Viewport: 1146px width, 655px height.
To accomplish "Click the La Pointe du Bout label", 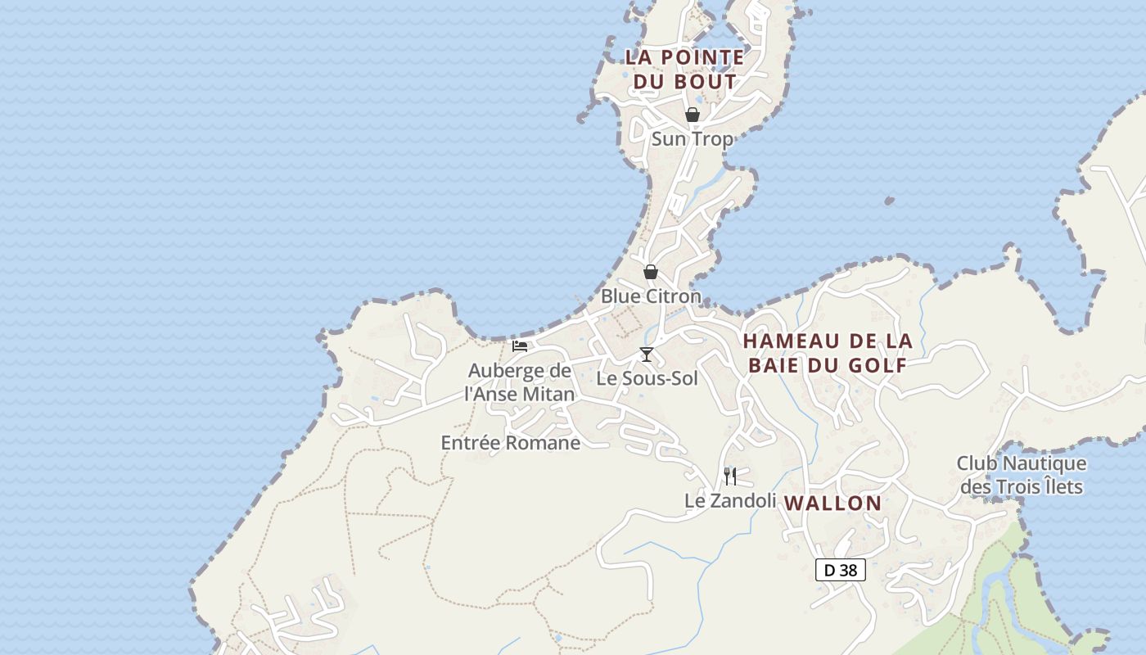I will coord(685,70).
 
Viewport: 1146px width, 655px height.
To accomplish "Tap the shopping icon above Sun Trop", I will coord(693,115).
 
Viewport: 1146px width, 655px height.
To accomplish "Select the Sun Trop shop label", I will coord(693,139).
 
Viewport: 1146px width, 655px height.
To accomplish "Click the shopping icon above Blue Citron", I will coord(651,272).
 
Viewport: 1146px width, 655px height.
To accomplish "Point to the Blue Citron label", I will coord(651,296).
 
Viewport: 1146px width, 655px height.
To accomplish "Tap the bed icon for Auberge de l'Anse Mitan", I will coord(520,346).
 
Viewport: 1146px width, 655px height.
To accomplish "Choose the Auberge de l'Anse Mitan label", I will coord(520,382).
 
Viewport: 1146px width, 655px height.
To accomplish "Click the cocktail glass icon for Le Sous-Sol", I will coord(647,355).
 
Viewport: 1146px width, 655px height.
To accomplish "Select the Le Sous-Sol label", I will coord(647,378).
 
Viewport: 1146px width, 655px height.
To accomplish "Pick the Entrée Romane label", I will coord(511,443).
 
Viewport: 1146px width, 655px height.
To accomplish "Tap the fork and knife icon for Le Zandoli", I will coord(730,476).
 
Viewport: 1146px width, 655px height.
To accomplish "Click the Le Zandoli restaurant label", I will coord(730,500).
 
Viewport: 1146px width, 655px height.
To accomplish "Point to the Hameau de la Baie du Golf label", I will coord(828,353).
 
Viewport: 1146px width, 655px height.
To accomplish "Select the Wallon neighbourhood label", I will coord(833,504).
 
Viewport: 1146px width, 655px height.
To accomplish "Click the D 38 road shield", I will coord(841,570).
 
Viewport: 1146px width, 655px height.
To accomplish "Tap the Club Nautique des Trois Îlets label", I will coord(1022,476).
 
